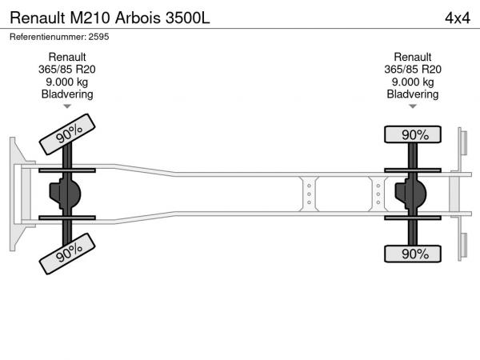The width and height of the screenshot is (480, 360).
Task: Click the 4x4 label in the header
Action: click(458, 18)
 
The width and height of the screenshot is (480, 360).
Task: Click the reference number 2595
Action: click(98, 37)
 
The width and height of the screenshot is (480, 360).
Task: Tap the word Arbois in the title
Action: click(138, 18)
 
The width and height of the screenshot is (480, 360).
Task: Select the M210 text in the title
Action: click(90, 18)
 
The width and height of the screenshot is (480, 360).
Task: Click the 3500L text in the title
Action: click(188, 18)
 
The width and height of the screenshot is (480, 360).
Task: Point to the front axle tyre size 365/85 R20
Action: click(66, 70)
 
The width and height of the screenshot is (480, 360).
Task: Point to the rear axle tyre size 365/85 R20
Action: click(413, 70)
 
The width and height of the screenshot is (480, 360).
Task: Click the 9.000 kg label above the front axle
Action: click(66, 82)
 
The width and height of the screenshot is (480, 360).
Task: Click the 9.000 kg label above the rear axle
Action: click(413, 82)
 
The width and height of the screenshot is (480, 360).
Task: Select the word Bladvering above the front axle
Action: click(67, 94)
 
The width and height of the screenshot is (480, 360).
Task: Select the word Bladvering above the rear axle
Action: click(413, 94)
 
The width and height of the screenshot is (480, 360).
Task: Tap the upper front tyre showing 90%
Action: click(67, 134)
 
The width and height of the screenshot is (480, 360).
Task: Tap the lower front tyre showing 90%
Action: click(67, 254)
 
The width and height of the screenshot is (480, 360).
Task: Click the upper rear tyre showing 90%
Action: click(413, 134)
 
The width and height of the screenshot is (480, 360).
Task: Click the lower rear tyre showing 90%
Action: click(413, 254)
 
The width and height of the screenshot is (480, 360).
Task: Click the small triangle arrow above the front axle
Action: click(67, 106)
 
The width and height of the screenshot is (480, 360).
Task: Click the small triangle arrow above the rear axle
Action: click(413, 106)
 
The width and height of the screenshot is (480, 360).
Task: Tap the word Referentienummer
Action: click(48, 37)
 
